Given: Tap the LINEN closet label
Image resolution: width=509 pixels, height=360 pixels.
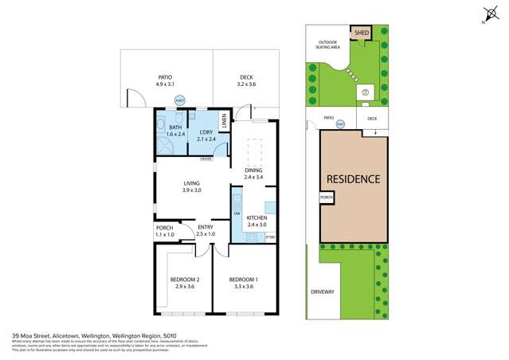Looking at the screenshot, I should click(225, 122).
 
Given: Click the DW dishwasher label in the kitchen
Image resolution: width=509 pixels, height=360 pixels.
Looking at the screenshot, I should click(237, 213).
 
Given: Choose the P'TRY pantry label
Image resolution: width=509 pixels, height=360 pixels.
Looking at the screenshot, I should click(269, 237).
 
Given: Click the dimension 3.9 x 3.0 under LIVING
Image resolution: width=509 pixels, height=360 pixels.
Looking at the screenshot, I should click(191, 190).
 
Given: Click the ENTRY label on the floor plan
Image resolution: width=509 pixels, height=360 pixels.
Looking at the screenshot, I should click(206, 227).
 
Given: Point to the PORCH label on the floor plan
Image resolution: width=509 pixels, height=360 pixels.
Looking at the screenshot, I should click(164, 227).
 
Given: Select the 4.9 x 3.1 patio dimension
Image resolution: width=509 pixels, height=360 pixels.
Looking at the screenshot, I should click(165, 83).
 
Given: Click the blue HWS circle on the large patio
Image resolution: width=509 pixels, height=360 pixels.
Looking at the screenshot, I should click(178, 101).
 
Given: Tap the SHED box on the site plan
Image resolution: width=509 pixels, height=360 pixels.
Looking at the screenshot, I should click(360, 33).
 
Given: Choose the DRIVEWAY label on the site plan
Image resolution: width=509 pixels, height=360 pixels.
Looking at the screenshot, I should click(321, 292).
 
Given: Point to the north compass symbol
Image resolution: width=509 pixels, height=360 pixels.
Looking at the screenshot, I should click(487, 14).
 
